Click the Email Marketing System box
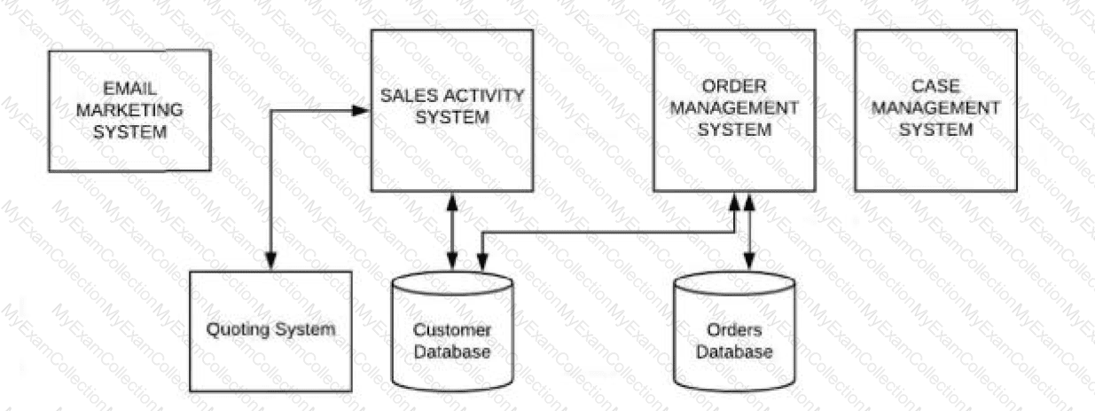[x=129, y=110]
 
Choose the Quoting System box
[x=270, y=330]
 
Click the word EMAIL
[x=130, y=90]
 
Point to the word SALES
[x=410, y=95]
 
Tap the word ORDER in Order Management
[x=733, y=86]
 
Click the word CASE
[x=935, y=86]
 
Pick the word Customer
[x=452, y=330]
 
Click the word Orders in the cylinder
[x=733, y=329]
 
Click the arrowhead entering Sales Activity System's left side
[x=361, y=111]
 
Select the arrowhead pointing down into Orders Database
[x=749, y=263]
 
